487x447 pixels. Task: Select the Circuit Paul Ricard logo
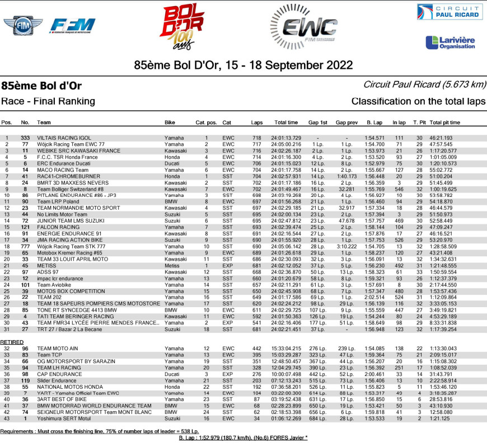(449, 12)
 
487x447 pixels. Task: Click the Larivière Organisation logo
(450, 42)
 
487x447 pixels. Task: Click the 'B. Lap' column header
(373, 122)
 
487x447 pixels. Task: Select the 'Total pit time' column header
(444, 122)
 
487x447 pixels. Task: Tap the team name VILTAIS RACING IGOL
(63, 138)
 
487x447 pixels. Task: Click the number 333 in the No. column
(25, 138)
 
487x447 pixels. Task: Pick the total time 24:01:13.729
(286, 138)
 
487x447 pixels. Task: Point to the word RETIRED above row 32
(12, 342)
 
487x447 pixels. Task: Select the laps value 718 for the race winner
(257, 138)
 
